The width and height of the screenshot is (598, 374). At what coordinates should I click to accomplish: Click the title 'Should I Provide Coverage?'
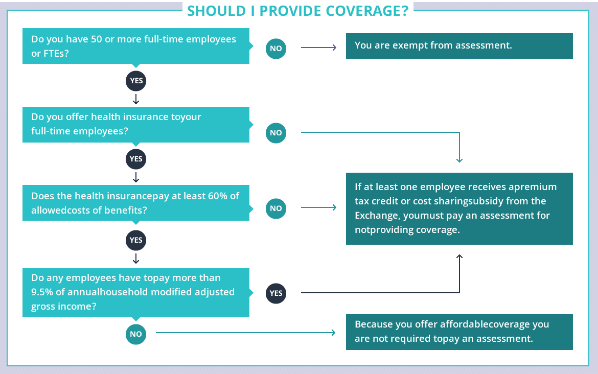click(x=297, y=11)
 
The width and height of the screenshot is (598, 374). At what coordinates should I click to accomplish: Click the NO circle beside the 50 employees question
click(x=275, y=49)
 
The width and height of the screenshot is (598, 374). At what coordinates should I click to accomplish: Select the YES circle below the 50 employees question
click(x=136, y=81)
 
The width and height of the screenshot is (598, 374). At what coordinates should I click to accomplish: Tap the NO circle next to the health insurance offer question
click(x=275, y=133)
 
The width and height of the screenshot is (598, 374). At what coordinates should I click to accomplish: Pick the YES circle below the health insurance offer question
click(x=136, y=159)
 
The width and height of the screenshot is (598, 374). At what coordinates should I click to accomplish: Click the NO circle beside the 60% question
click(x=275, y=208)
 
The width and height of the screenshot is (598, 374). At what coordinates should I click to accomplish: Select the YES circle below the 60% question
click(x=136, y=240)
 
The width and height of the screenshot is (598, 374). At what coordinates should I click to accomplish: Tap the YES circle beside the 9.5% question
click(x=275, y=293)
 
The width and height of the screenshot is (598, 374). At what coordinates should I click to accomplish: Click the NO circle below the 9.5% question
click(x=136, y=334)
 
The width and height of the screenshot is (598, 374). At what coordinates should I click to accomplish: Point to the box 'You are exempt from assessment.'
click(x=459, y=46)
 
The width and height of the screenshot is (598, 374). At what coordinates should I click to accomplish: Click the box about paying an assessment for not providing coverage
click(x=459, y=208)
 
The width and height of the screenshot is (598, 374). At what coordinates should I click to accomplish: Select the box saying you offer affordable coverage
click(x=459, y=332)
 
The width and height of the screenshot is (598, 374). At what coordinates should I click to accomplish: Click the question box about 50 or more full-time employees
click(x=136, y=46)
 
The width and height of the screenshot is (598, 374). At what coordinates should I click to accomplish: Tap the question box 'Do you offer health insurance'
click(x=136, y=125)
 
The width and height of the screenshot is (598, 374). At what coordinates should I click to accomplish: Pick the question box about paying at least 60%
click(x=136, y=203)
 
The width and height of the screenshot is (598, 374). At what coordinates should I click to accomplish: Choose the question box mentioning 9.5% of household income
click(x=136, y=292)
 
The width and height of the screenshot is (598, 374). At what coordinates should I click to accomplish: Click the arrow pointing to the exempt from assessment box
click(x=319, y=48)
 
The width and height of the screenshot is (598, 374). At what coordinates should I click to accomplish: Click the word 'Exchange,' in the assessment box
click(x=378, y=216)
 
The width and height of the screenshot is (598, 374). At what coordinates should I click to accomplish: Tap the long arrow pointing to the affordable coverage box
click(x=246, y=333)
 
